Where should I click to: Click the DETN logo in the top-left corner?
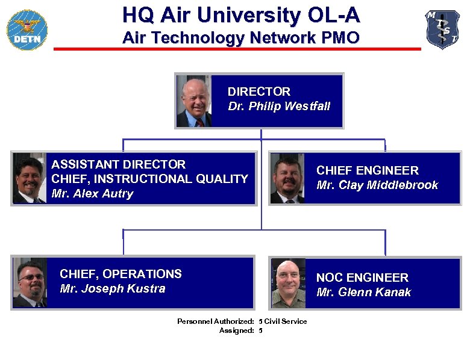(x=27, y=30)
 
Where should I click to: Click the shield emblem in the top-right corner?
(x=442, y=29)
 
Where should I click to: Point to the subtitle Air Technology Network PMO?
(x=240, y=39)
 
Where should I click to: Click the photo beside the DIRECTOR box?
(x=193, y=101)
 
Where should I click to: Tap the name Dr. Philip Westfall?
(x=279, y=107)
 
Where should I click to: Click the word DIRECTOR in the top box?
(x=258, y=92)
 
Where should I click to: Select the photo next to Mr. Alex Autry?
(x=29, y=179)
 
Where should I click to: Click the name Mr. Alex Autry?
(x=92, y=194)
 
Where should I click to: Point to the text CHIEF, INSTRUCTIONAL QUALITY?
(x=149, y=179)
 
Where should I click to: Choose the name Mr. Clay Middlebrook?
(x=377, y=185)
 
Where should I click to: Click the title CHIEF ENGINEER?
(x=367, y=171)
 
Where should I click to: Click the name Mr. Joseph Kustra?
(x=113, y=289)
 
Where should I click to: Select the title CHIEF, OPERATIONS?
(x=121, y=274)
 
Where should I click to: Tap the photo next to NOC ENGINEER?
(x=289, y=283)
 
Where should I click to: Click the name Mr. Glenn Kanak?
(x=363, y=293)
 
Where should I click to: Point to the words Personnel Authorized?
(x=215, y=321)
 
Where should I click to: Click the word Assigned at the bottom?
(x=236, y=331)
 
